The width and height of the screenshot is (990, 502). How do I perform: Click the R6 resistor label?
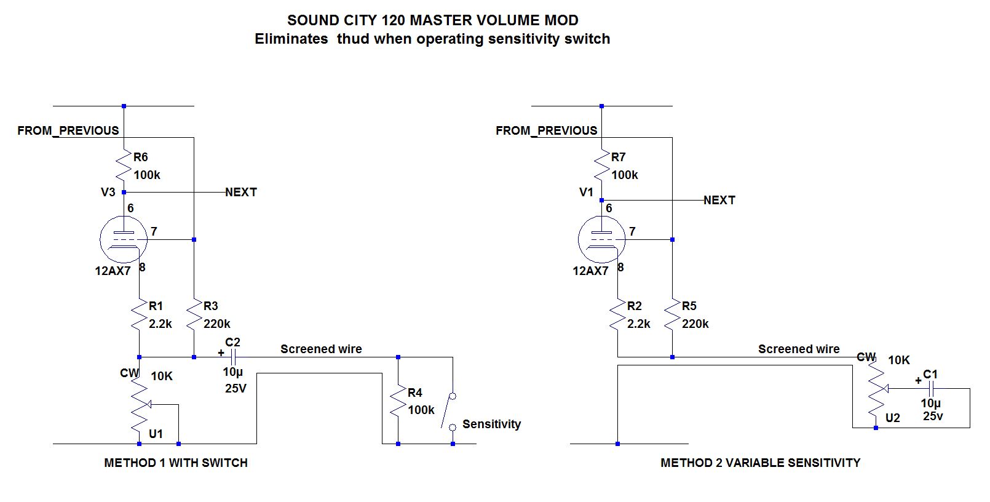tap(140, 157)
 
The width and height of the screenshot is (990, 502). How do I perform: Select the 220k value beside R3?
tap(216, 324)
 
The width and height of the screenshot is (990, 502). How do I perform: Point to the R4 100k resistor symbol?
tap(398, 401)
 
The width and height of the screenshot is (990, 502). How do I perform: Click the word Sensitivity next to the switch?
tap(491, 424)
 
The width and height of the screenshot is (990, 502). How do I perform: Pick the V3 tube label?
tap(108, 192)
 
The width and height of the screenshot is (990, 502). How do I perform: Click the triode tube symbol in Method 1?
tap(124, 239)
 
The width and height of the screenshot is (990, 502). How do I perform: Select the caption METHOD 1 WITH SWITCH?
tap(176, 463)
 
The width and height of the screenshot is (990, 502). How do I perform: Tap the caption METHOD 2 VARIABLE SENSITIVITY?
tap(760, 463)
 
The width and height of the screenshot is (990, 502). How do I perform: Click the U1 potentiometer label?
tap(156, 434)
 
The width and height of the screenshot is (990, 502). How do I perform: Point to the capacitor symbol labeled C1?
tap(931, 388)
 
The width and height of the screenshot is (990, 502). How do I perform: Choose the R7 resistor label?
tap(618, 157)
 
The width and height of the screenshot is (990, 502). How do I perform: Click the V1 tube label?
tap(586, 192)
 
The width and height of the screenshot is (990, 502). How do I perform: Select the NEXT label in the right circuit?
tap(719, 200)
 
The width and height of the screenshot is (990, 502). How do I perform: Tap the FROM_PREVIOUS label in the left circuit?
tap(68, 130)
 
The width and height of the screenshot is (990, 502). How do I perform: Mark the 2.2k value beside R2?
tap(638, 324)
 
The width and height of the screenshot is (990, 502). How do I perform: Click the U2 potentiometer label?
tap(892, 418)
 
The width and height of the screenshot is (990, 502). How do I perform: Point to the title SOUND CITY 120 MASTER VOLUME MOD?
tap(432, 20)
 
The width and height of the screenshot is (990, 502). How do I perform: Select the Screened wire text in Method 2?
tap(798, 349)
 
